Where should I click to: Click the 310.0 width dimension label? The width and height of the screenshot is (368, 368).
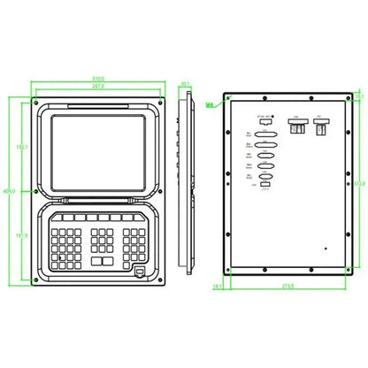point(97,78)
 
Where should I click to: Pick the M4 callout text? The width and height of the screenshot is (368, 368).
point(210,104)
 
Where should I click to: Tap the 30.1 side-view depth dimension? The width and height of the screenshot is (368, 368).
point(186,86)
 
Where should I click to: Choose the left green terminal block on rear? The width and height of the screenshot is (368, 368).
point(296,128)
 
